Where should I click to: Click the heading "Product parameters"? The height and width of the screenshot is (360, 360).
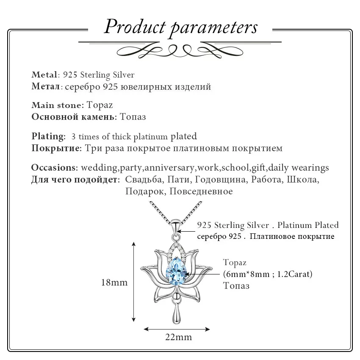(181, 27)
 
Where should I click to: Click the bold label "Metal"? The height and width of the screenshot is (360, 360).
(44, 75)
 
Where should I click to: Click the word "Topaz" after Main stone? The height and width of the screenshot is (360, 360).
(100, 105)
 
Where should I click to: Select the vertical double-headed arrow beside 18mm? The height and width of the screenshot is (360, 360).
(134, 282)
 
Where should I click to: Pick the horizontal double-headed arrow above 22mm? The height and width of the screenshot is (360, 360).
(177, 328)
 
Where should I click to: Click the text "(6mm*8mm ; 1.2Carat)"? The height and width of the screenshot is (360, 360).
(268, 274)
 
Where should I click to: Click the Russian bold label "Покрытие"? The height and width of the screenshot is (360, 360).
(56, 148)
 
